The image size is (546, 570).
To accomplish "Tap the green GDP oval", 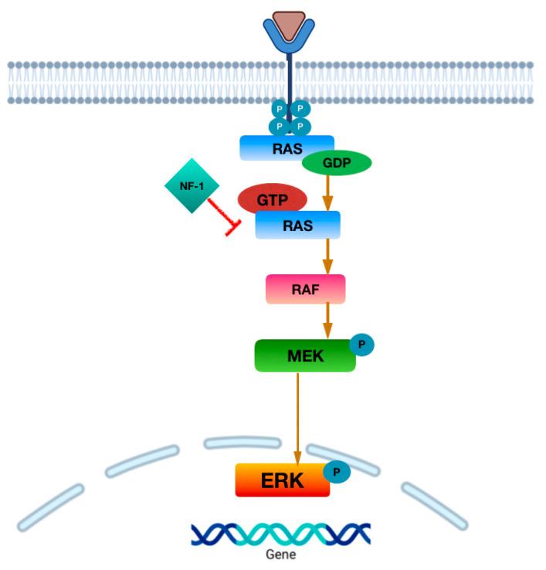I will pyautogui.click(x=337, y=163).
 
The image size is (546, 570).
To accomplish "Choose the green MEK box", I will pyautogui.click(x=304, y=355).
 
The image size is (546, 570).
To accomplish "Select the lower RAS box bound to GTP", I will pyautogui.click(x=297, y=224).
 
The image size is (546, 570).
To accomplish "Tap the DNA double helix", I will pyautogui.click(x=280, y=533).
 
